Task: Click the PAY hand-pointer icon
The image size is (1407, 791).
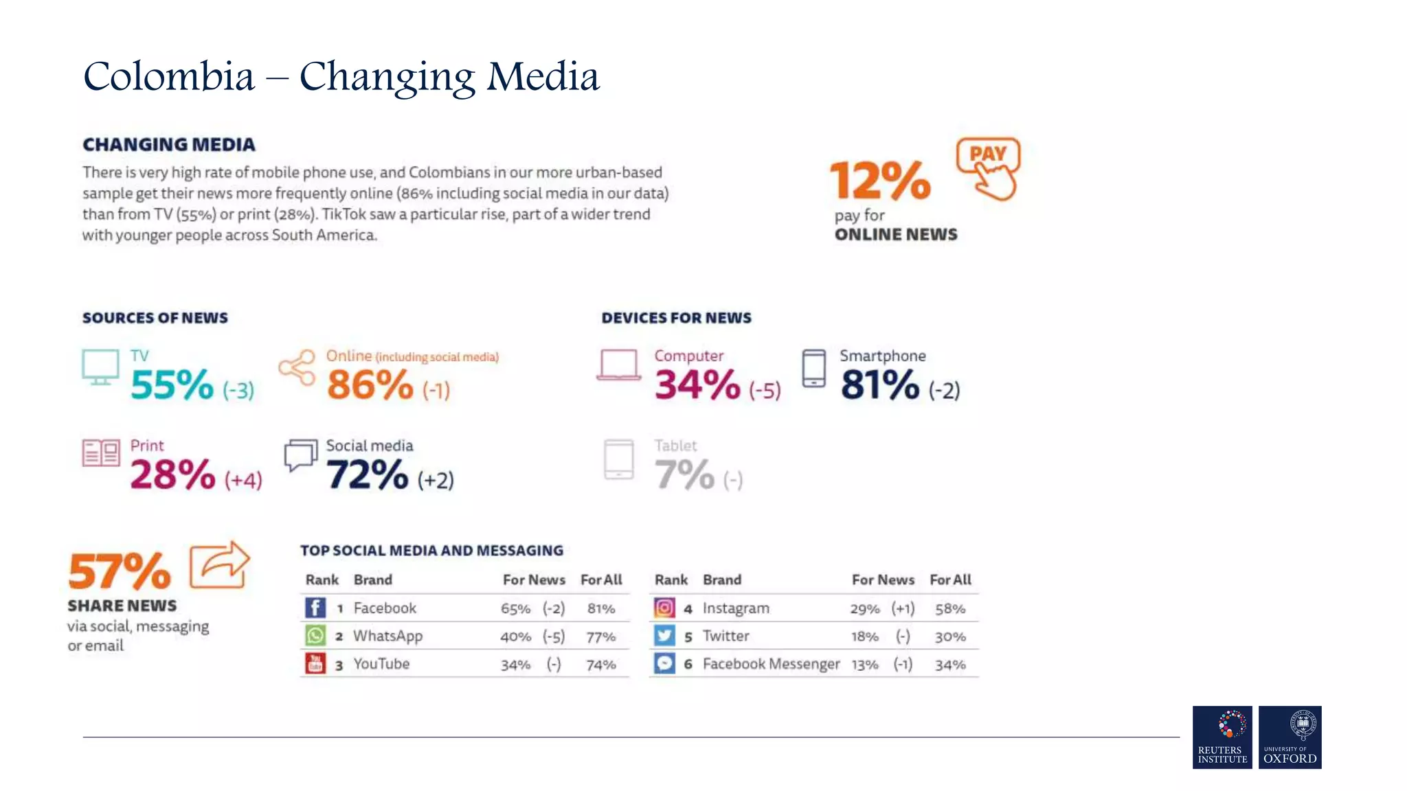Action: pos(988,168)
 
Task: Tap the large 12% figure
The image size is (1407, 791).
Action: pos(880,181)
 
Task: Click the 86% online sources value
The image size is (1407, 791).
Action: pos(370,385)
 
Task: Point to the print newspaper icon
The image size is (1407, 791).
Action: pos(101,453)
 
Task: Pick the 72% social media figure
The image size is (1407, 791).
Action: pos(367,474)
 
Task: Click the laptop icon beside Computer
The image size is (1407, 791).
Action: pos(618,365)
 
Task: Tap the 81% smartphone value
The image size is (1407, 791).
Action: pos(879,385)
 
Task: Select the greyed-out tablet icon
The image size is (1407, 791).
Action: pos(618,459)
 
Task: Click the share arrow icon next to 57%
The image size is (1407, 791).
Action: pos(219,565)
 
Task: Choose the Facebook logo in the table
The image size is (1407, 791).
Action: pos(315,608)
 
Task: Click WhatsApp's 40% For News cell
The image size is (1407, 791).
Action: pos(515,637)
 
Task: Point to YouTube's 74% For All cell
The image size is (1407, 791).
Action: pos(600,665)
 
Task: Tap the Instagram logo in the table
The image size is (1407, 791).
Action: pos(664,608)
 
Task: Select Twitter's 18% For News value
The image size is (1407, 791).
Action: pos(864,637)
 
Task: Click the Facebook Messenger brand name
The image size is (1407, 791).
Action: pos(771,664)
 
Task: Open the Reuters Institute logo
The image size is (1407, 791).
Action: pos(1222,737)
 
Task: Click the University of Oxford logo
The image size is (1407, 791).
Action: pos(1290,737)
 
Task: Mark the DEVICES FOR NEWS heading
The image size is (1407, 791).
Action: pos(676,318)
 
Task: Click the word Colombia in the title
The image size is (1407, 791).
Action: pos(169,76)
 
